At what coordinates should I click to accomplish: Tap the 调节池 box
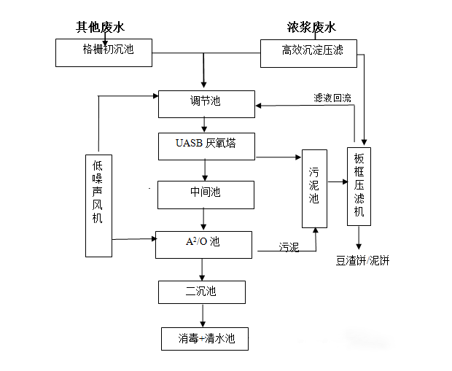[206, 104]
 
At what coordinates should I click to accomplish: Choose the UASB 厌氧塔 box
[206, 146]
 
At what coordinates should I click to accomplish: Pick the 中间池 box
[206, 193]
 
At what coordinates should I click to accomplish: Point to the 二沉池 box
[202, 292]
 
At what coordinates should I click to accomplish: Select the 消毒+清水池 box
[204, 338]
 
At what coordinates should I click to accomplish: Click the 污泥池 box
[314, 188]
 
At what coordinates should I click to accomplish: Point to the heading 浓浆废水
[311, 28]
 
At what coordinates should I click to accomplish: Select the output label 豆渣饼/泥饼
[362, 260]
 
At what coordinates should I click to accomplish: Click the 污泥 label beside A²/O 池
[289, 248]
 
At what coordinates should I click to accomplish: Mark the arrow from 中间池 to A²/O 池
[204, 218]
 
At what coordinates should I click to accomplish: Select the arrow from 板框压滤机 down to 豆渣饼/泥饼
[358, 238]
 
